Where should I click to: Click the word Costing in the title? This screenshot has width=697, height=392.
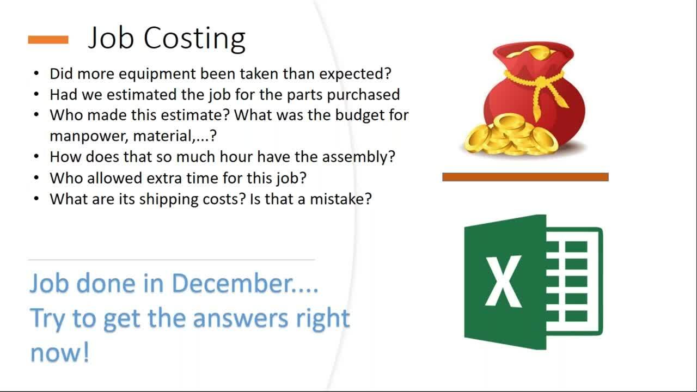[194, 39]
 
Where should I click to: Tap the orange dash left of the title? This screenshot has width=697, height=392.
[48, 40]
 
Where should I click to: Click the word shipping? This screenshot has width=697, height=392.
[169, 200]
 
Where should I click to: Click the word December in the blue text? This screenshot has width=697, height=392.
[244, 284]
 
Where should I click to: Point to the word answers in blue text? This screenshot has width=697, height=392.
[241, 319]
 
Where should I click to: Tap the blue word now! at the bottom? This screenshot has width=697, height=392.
[60, 352]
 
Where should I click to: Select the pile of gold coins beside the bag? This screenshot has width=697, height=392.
[511, 136]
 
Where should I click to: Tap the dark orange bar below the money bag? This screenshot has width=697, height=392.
[525, 177]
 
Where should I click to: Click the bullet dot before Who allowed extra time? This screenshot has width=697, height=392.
[36, 178]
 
